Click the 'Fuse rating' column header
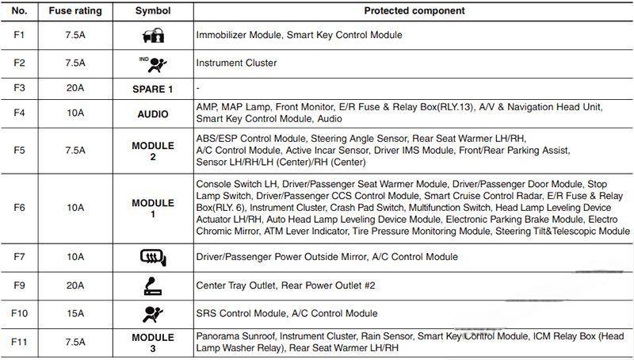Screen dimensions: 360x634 75,11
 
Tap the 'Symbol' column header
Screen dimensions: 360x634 152,11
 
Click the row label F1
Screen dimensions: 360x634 21,36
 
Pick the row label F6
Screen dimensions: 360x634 21,208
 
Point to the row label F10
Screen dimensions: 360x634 21,313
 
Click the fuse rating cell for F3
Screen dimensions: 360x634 75,88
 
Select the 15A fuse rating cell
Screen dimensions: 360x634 75,313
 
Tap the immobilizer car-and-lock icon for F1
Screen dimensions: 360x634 152,36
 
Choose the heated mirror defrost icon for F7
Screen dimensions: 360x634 152,257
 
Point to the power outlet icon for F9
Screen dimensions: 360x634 152,285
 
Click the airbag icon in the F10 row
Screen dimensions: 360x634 152,312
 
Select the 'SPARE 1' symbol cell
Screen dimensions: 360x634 152,88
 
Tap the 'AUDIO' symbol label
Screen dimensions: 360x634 152,114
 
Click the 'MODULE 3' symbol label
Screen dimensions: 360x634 152,343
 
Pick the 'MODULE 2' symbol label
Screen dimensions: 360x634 152,151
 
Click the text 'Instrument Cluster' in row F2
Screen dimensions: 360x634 235,62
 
